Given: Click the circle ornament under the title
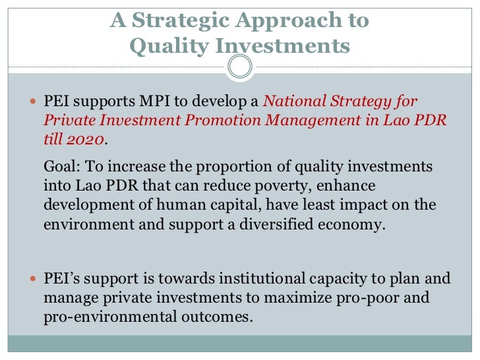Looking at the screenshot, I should (x=240, y=66).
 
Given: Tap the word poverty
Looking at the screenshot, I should (x=286, y=187).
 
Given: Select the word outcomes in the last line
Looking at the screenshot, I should (x=217, y=316).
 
